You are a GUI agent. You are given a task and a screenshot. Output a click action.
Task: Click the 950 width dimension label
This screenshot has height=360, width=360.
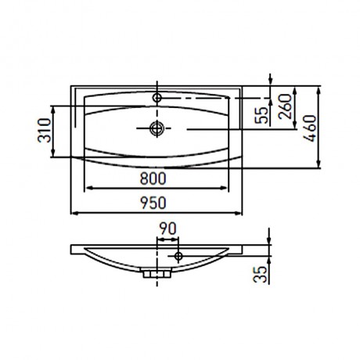[153, 203]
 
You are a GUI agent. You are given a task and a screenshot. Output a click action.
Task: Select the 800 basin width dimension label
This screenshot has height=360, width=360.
[153, 178]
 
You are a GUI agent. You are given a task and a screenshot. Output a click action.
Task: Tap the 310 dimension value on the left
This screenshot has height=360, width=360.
[44, 130]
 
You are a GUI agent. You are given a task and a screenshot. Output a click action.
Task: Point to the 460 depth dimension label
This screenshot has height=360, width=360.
[310, 128]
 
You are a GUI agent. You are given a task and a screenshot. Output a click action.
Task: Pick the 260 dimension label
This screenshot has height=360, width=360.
[285, 106]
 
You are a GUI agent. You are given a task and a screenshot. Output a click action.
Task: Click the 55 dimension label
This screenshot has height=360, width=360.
[261, 115]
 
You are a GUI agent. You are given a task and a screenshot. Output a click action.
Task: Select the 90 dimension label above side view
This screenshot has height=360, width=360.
[168, 229]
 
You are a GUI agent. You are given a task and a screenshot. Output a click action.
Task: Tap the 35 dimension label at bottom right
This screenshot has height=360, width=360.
[261, 275]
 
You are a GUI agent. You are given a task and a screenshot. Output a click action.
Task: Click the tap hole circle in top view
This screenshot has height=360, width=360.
[157, 98]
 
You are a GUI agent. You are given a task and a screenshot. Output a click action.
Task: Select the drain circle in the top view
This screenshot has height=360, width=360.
[157, 128]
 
